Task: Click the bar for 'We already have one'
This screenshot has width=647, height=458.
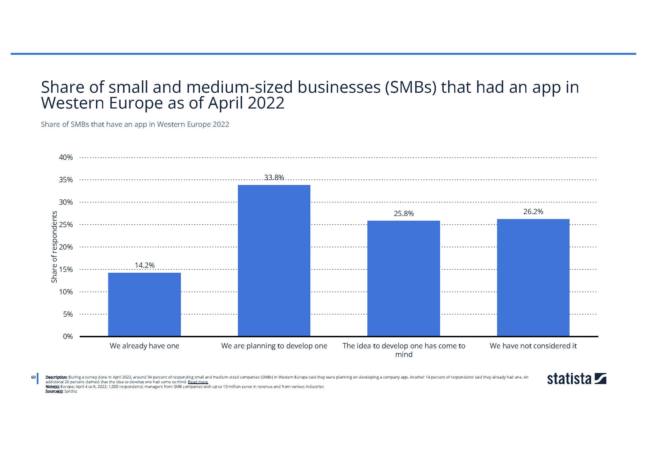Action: pyautogui.click(x=144, y=304)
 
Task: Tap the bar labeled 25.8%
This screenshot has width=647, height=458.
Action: pyautogui.click(x=404, y=278)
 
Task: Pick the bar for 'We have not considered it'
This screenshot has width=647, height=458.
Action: pyautogui.click(x=533, y=277)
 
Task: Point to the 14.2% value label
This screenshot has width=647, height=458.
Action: pyautogui.click(x=145, y=265)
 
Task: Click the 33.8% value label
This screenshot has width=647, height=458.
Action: pyautogui.click(x=274, y=177)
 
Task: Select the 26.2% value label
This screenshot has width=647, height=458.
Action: pyautogui.click(x=533, y=212)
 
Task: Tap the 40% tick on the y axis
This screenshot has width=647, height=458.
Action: pyautogui.click(x=66, y=157)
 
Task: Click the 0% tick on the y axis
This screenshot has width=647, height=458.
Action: pyautogui.click(x=67, y=336)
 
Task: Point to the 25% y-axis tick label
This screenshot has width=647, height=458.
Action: pyautogui.click(x=66, y=225)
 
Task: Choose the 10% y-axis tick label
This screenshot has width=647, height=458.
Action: pyautogui.click(x=66, y=292)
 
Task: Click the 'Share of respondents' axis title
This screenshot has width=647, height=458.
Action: pyautogui.click(x=54, y=247)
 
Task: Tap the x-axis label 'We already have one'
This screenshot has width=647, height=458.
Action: pyautogui.click(x=144, y=346)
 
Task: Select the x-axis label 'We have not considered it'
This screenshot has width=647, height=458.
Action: pyautogui.click(x=533, y=346)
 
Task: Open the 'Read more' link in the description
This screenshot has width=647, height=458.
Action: pyautogui.click(x=198, y=382)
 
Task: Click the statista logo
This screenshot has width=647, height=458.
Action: pyautogui.click(x=576, y=379)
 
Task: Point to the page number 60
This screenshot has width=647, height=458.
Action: pyautogui.click(x=33, y=377)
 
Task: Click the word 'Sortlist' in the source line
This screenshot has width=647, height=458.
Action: pyautogui.click(x=71, y=392)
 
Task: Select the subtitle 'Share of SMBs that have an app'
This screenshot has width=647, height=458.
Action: pyautogui.click(x=135, y=124)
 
